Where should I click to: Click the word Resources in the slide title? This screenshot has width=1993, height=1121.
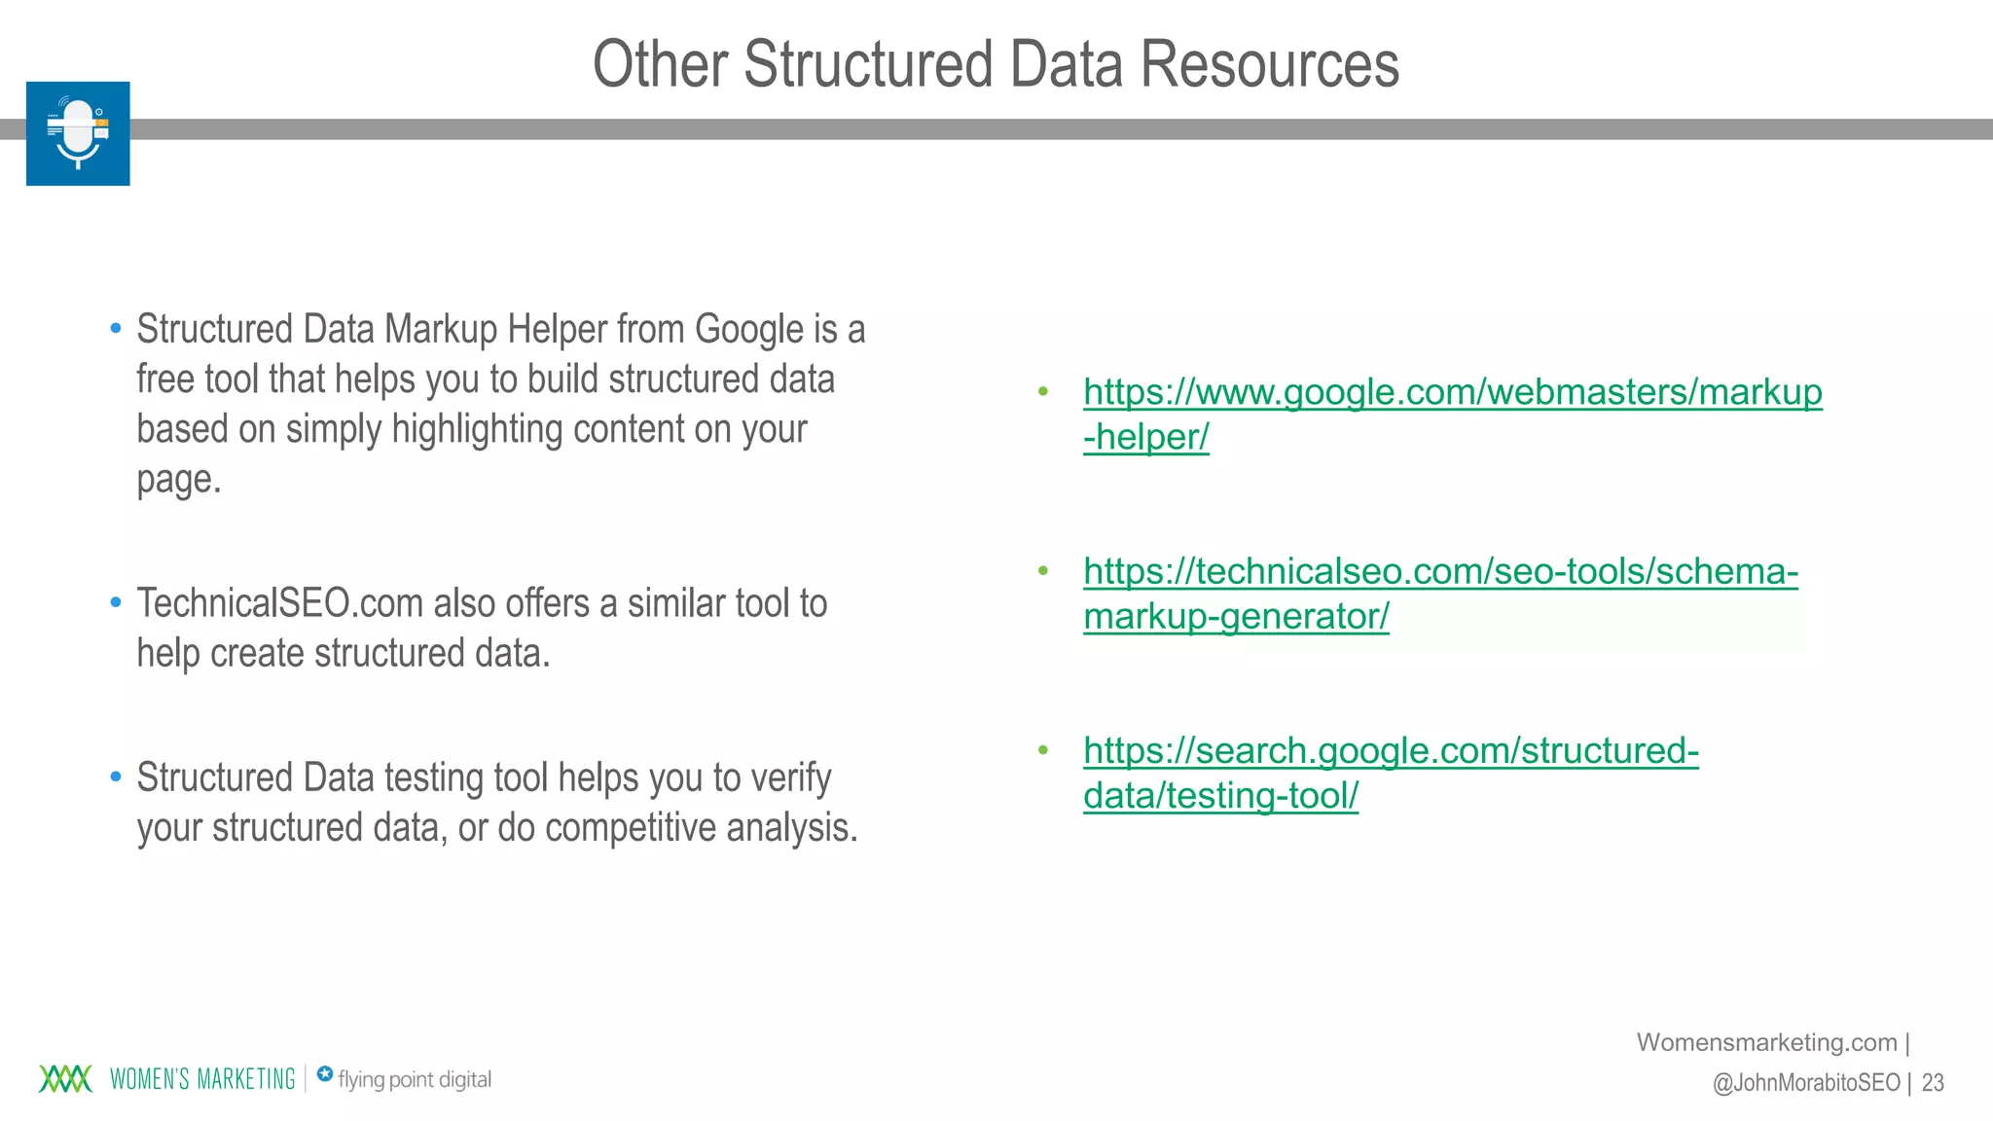pos(1269,64)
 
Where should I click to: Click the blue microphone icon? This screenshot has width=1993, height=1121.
pos(78,133)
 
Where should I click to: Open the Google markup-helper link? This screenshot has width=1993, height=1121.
pos(1452,393)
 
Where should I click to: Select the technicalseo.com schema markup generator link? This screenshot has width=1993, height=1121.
pos(1440,572)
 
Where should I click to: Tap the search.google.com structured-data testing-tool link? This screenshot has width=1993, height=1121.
pos(1391,751)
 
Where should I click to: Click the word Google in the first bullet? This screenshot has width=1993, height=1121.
pos(748,329)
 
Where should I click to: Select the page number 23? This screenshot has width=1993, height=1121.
pos(1933,1082)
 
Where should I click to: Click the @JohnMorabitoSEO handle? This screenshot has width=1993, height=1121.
pos(1805,1082)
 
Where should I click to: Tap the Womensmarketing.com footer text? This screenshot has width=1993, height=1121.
pos(1766,1042)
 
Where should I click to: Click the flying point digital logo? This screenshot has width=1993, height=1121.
pos(414,1079)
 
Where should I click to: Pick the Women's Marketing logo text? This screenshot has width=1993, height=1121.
pos(202,1079)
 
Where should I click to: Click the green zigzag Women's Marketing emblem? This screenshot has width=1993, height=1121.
pos(65,1079)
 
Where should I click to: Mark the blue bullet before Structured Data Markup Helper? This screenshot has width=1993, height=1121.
pos(116,329)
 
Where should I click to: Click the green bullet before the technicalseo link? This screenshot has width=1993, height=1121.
pos(1043,571)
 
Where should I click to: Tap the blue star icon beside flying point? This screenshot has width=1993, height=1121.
pos(325,1074)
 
